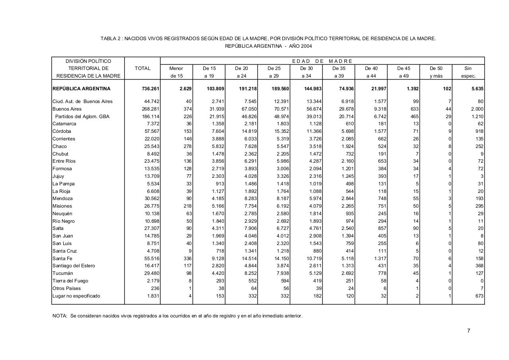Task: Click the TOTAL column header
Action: (x=142, y=68)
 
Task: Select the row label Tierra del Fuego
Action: (x=70, y=281)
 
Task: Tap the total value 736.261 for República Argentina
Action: (x=151, y=89)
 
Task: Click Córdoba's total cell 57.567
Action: (x=152, y=131)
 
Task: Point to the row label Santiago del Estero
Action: (x=74, y=266)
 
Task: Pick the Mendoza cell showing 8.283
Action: (x=249, y=198)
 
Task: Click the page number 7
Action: (x=468, y=331)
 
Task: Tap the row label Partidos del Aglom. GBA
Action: (x=82, y=117)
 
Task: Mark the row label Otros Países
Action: (x=66, y=288)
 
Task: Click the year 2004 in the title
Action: (x=306, y=46)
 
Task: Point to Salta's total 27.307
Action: (x=152, y=228)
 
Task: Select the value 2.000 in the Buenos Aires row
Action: (x=477, y=109)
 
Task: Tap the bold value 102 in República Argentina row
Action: (x=447, y=89)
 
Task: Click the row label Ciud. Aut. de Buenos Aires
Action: (x=82, y=101)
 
